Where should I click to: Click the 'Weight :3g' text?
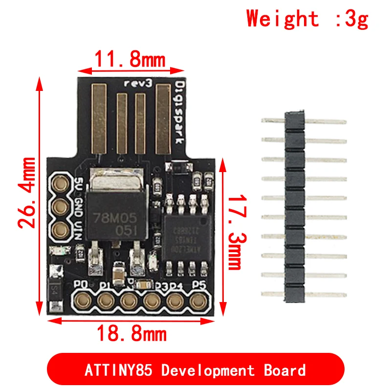tap(307, 19)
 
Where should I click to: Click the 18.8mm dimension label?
tap(131, 334)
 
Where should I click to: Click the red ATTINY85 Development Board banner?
tap(195, 370)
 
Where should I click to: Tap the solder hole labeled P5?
tap(198, 300)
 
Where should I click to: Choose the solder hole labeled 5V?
tap(62, 184)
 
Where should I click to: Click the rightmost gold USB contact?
tap(163, 117)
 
